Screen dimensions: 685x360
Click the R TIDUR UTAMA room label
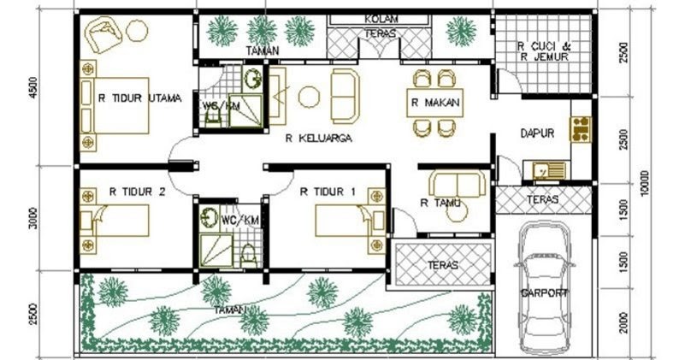coord(139,98)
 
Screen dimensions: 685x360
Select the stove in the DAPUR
coord(581,129)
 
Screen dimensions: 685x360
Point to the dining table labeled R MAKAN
coord(435,103)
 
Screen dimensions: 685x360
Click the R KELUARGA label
coord(319,139)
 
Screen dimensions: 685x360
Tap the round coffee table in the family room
coord(309,97)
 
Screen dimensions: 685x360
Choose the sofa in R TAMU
coord(458,183)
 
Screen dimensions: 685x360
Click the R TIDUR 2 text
coord(137,192)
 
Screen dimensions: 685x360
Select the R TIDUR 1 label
coord(328,192)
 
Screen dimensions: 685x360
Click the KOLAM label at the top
coord(381,19)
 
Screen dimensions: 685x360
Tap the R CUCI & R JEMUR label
coord(543,51)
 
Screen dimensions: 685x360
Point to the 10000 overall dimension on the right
coord(647,183)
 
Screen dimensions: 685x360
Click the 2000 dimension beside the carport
coord(623,322)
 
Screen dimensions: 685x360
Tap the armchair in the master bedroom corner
coord(104,34)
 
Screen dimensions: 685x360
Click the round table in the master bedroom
coord(137,30)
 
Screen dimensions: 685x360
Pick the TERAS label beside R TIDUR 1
coord(443,265)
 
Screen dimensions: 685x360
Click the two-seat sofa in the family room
coord(345,97)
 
